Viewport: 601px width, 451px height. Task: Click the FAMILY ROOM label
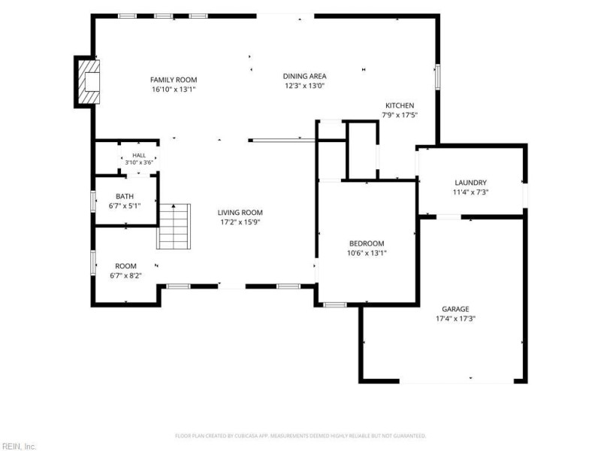coord(174,80)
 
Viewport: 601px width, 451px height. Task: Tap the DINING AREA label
coord(305,76)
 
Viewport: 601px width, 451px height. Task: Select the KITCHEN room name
coord(400,105)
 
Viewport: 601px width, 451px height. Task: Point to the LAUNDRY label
coord(471,183)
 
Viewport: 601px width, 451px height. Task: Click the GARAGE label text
coord(455,309)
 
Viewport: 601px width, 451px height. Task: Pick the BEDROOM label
coord(367,243)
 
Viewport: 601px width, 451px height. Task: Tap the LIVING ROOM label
coord(240,213)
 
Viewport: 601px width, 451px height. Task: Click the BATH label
coord(125,196)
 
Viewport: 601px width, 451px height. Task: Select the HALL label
coord(139,156)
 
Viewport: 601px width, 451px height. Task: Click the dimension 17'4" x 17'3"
coord(455,318)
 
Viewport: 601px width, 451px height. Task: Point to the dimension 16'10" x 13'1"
coord(174,89)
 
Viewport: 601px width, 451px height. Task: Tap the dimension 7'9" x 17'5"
coord(400,115)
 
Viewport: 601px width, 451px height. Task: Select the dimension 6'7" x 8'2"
coord(125,275)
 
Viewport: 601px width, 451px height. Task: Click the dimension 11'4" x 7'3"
coord(471,192)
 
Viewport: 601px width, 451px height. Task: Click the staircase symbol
coord(174,226)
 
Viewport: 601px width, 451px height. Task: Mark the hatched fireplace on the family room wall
coord(89,82)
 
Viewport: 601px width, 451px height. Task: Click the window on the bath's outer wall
coord(92,201)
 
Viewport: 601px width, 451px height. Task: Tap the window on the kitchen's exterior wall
coord(437,77)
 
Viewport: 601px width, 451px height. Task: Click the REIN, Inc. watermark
coord(18,446)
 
